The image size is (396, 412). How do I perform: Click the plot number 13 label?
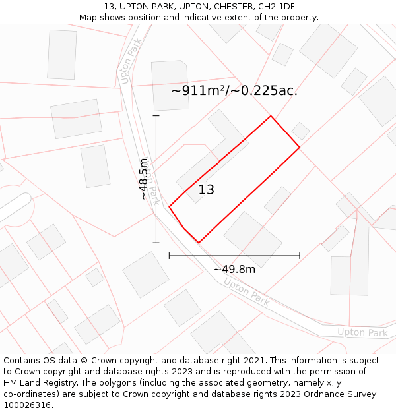[x=207, y=190]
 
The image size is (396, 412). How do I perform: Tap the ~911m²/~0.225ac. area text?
[x=234, y=91]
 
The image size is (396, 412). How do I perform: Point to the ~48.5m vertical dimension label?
[x=143, y=179]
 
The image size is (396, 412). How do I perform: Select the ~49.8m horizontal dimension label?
[x=234, y=269]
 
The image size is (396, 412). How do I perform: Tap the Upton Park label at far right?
[x=362, y=332]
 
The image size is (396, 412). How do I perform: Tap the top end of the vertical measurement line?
[x=156, y=116]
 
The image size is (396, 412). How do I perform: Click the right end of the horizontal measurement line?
[x=300, y=256]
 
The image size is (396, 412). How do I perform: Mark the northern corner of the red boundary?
[x=271, y=116]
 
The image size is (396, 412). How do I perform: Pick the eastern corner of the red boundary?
[x=300, y=147]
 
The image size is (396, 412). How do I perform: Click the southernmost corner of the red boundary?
[x=198, y=243]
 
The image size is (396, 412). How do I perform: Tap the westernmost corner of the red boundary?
[x=170, y=207]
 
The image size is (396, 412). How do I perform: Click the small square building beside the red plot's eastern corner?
[x=301, y=131]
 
